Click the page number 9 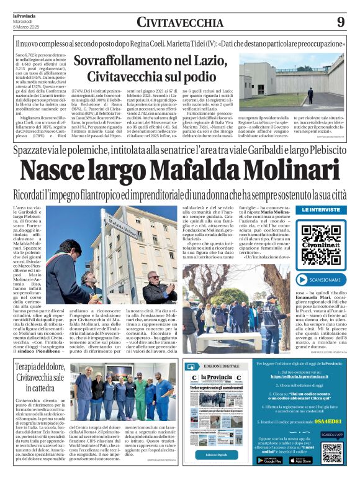(341, 22)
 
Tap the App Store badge (301, 460)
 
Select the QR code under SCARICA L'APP (331, 453)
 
